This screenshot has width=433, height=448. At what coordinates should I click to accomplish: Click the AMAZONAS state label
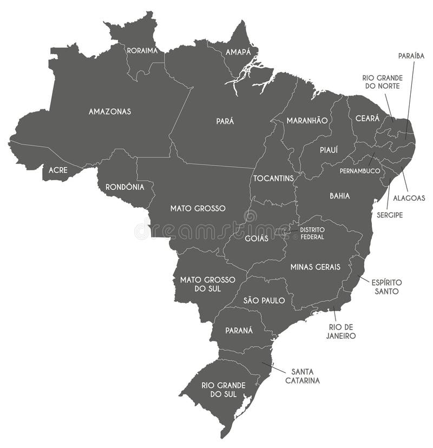pyautogui.click(x=110, y=111)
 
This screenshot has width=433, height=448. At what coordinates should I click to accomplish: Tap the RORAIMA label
pyautogui.click(x=142, y=51)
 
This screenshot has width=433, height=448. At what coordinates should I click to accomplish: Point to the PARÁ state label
pyautogui.click(x=225, y=121)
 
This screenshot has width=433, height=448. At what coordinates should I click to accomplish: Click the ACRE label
pyautogui.click(x=58, y=170)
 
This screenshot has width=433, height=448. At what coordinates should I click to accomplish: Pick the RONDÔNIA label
pyautogui.click(x=125, y=187)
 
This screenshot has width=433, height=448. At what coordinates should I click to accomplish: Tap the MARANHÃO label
pyautogui.click(x=307, y=120)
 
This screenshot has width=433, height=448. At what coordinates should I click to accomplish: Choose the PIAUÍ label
pyautogui.click(x=329, y=150)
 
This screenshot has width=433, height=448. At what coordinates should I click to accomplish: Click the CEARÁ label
pyautogui.click(x=367, y=118)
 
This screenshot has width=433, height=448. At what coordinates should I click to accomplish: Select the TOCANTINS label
pyautogui.click(x=273, y=178)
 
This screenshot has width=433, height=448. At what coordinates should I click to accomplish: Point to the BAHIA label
pyautogui.click(x=339, y=196)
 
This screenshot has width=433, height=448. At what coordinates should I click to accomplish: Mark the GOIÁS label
pyautogui.click(x=257, y=239)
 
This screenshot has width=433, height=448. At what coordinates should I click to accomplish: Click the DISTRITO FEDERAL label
pyautogui.click(x=312, y=233)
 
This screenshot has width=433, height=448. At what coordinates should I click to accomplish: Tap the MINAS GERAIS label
pyautogui.click(x=315, y=267)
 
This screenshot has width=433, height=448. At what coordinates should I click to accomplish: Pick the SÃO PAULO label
pyautogui.click(x=264, y=301)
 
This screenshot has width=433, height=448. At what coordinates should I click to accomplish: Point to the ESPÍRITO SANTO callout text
pyautogui.click(x=386, y=287)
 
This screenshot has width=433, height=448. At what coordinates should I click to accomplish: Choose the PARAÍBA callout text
pyautogui.click(x=411, y=55)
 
